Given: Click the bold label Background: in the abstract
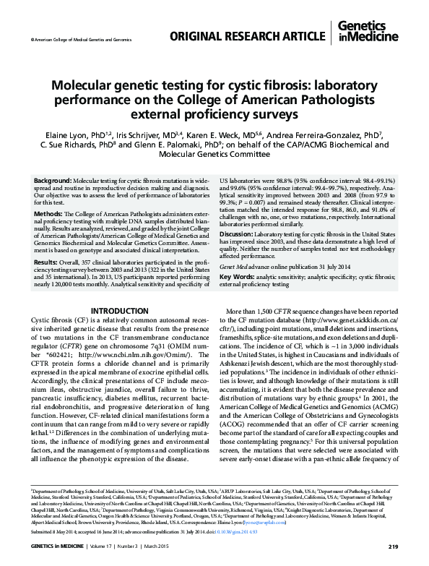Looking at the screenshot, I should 53,179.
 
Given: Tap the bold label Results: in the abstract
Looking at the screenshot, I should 47,281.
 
